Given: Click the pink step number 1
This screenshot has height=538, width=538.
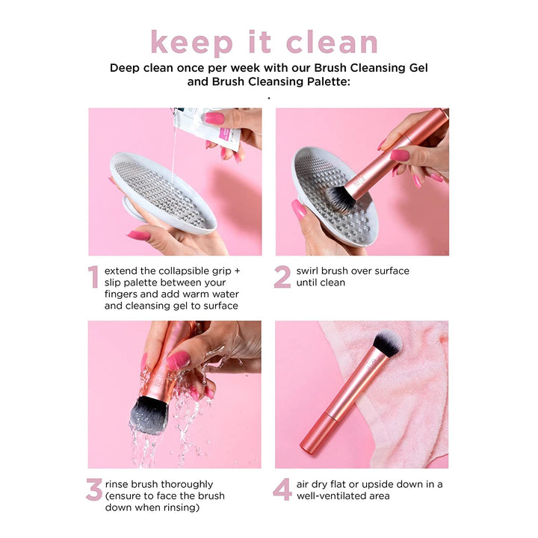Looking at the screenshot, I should click(x=93, y=277).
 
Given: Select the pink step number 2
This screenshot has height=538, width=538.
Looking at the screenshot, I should click(x=282, y=277).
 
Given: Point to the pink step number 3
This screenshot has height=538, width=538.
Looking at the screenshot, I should click(x=93, y=490).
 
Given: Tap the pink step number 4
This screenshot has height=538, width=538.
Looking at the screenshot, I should click(x=282, y=490).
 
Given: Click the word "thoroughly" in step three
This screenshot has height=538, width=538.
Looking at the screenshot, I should click(x=186, y=483).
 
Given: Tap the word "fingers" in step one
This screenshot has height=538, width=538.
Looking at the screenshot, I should click(x=123, y=294).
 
